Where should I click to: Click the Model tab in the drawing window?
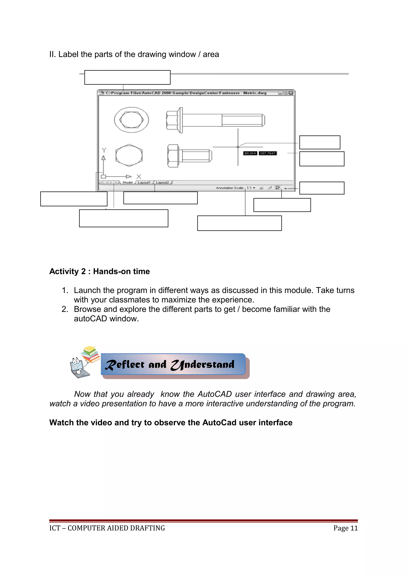(x=127, y=182)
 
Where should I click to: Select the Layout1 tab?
(x=144, y=182)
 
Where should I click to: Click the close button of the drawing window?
(x=291, y=93)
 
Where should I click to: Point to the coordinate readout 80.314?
(x=250, y=153)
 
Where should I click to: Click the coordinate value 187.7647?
(x=267, y=153)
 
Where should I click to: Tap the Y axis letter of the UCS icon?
(x=104, y=150)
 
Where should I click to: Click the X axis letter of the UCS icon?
(x=139, y=177)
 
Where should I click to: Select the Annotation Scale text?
(x=230, y=188)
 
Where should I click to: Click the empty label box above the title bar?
(x=127, y=77)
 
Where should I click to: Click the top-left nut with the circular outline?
(x=131, y=120)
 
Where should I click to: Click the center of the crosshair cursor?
(x=238, y=147)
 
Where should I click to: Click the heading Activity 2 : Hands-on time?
(x=100, y=272)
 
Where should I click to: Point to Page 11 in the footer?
(x=345, y=528)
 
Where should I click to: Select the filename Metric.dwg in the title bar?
(x=255, y=93)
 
